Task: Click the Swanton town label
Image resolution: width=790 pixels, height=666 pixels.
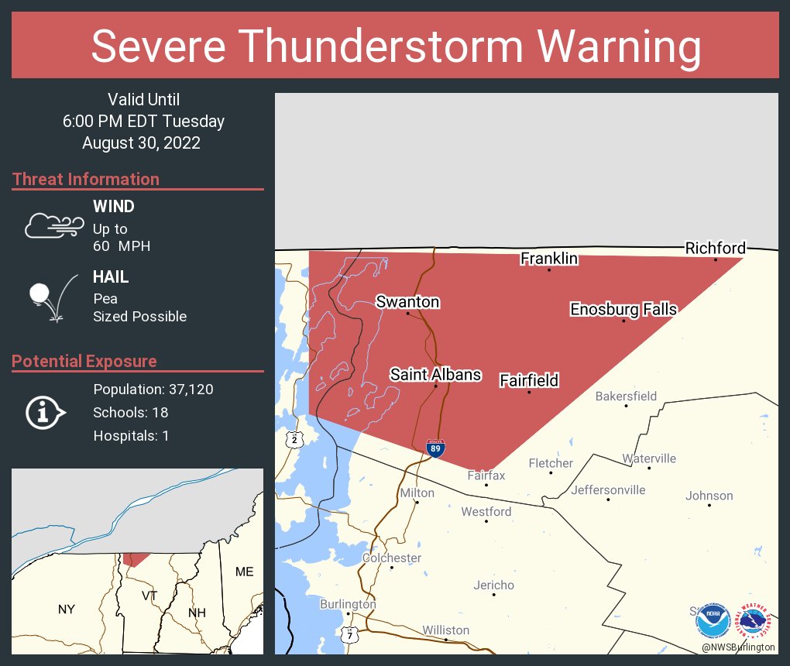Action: (407, 302)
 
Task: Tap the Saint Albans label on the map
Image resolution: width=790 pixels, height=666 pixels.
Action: (435, 375)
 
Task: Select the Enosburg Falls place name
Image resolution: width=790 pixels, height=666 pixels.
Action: (623, 310)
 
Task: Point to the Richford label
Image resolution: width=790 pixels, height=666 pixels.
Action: (715, 248)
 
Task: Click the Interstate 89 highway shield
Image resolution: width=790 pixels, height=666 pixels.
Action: (436, 448)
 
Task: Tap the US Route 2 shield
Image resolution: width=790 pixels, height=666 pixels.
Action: (295, 439)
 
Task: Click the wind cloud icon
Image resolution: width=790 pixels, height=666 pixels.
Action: (53, 225)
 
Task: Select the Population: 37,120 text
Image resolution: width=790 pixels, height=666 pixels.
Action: (153, 390)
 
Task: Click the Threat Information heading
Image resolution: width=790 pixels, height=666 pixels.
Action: (86, 180)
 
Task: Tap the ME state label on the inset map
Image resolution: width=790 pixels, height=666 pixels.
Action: (244, 572)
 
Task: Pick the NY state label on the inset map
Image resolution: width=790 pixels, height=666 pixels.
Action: (67, 609)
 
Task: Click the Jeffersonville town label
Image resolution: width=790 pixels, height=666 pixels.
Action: (608, 490)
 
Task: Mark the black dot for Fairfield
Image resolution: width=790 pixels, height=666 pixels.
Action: (529, 393)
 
